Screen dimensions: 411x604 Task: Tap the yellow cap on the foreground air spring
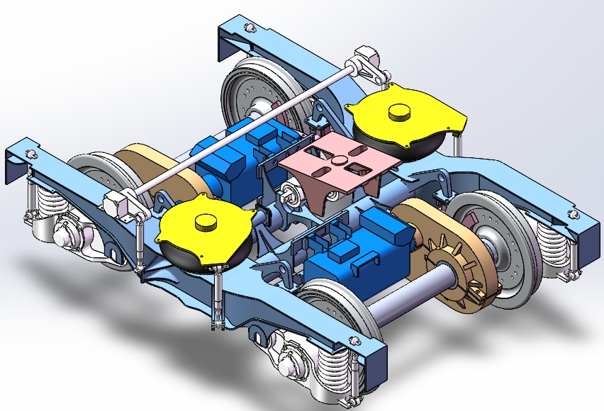[206, 222]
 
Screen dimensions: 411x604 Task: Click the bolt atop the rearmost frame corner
[249, 28]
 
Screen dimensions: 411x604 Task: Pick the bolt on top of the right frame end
[571, 213]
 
